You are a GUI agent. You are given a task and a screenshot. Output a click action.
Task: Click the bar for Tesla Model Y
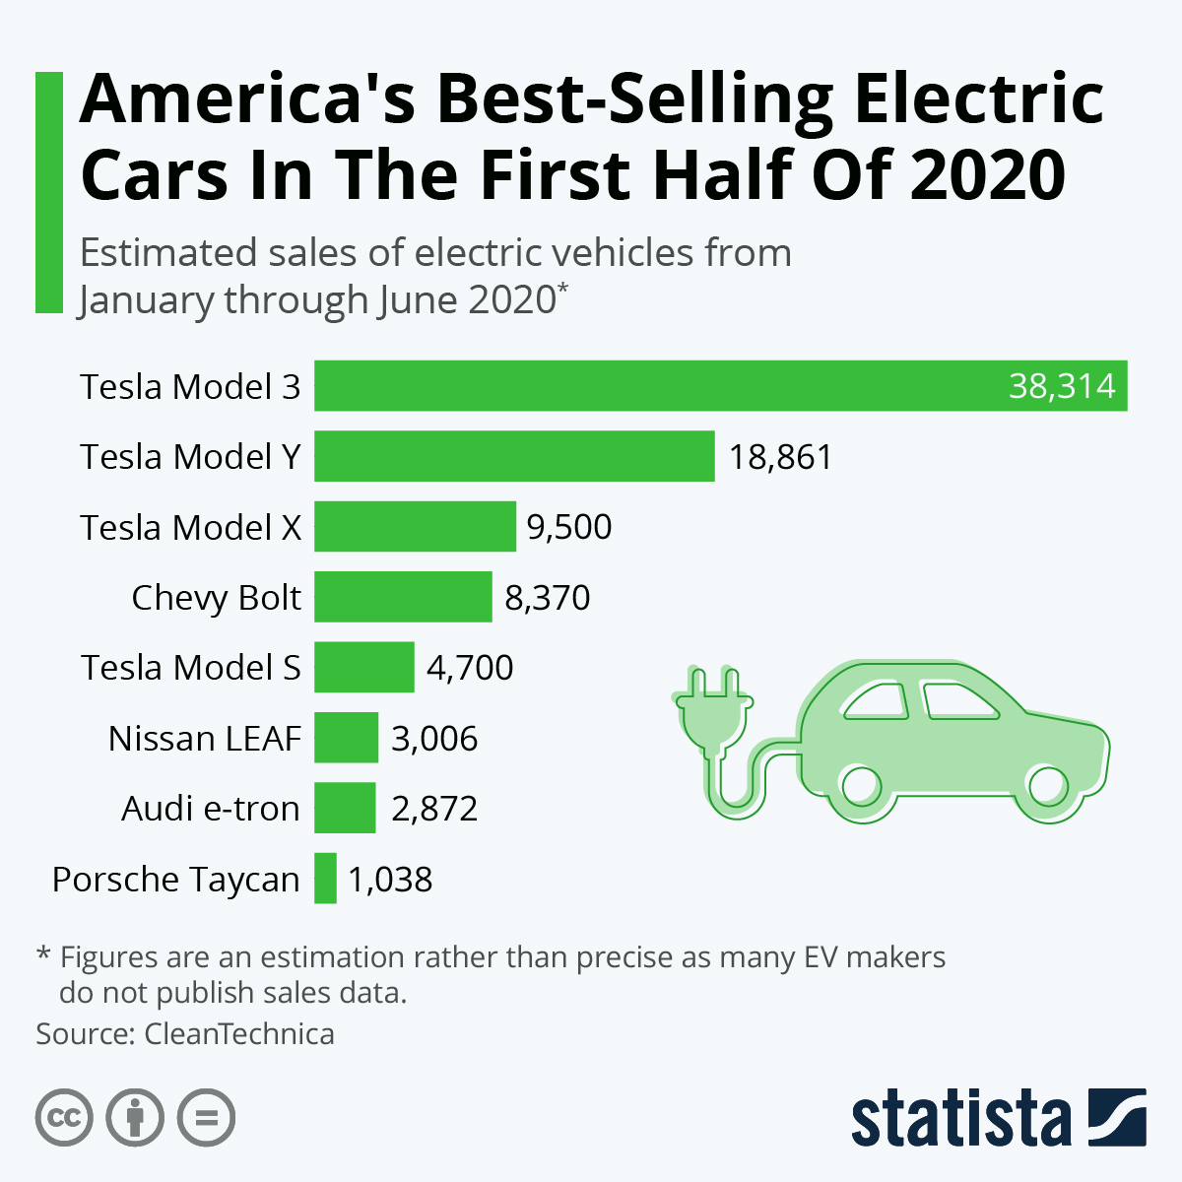click(514, 456)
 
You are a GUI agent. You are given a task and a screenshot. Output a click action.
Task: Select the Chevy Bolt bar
click(403, 597)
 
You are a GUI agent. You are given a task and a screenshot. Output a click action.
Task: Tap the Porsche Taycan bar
click(326, 878)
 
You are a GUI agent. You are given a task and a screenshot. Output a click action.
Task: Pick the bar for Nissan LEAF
click(347, 738)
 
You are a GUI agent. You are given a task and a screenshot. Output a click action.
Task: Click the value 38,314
click(1062, 386)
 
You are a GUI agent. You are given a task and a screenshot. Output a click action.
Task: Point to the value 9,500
click(569, 527)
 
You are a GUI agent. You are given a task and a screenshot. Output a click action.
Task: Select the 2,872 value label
click(434, 809)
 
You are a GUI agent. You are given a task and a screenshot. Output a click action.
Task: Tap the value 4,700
click(470, 668)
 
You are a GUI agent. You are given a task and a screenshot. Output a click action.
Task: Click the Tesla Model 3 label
click(190, 386)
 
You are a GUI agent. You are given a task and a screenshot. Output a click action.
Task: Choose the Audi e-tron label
click(210, 809)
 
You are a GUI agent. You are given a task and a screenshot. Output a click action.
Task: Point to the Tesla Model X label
click(190, 527)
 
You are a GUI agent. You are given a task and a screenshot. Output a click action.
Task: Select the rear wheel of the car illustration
click(861, 785)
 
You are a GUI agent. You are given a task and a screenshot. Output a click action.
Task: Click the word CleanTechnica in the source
click(239, 1034)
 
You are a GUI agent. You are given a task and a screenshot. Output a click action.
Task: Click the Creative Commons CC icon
click(64, 1118)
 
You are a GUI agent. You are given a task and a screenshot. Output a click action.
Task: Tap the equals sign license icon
click(206, 1118)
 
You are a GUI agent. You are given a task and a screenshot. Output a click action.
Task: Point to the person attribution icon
click(135, 1118)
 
